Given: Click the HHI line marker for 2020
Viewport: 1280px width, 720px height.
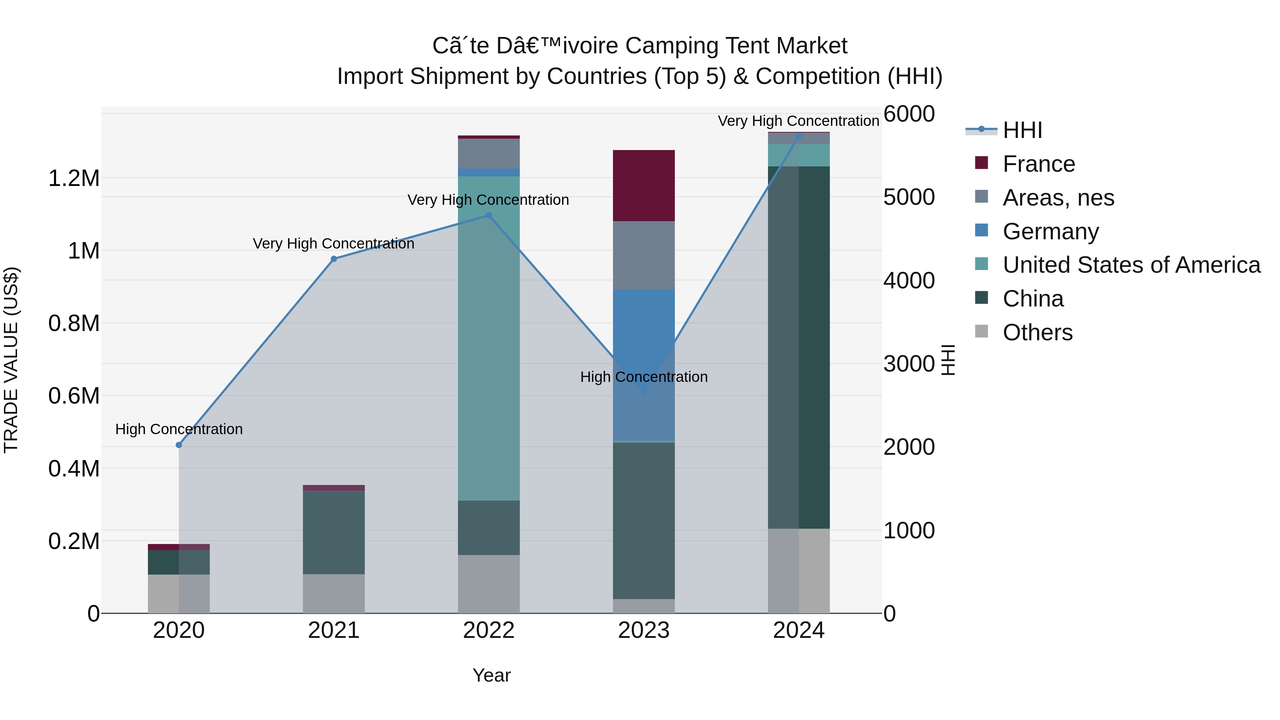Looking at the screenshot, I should [179, 445].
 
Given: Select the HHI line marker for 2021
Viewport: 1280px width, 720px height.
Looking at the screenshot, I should [334, 259].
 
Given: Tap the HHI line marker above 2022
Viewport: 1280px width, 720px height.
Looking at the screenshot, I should [489, 216].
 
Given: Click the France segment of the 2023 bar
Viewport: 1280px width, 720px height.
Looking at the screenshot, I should [644, 185].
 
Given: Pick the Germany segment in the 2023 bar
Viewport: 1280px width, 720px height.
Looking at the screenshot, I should [644, 365].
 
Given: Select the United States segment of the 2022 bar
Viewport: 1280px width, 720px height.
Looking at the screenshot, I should [489, 338].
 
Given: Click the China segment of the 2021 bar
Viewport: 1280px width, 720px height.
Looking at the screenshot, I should [334, 532].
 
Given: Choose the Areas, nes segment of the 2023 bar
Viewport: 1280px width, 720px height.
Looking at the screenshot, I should [644, 255].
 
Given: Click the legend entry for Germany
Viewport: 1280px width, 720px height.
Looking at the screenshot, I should [1050, 231].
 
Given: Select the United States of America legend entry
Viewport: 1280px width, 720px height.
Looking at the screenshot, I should [1131, 265].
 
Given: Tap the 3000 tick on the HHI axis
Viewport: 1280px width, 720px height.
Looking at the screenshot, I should [909, 364].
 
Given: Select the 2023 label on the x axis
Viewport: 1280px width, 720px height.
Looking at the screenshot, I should [644, 630].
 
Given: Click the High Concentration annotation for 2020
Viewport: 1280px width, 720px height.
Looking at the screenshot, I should [179, 429].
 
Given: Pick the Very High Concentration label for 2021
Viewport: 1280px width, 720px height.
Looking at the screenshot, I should [334, 244].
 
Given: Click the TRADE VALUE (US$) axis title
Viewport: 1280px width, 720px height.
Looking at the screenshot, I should [11, 360].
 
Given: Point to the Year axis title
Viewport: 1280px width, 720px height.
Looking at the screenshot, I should [491, 675].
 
